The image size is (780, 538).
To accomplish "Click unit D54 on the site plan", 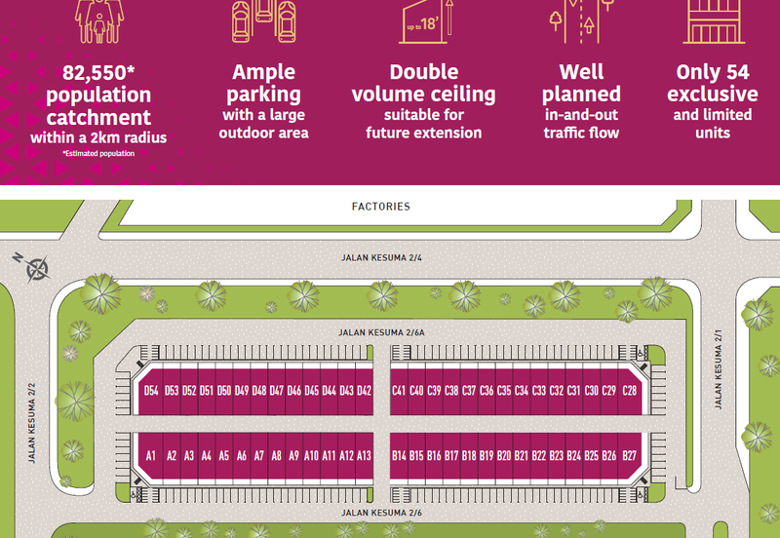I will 151,391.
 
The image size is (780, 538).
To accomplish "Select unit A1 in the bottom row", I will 151,455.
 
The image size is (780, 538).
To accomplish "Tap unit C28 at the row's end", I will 630,391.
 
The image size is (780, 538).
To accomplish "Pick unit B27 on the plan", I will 630,455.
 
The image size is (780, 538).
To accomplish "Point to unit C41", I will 399,391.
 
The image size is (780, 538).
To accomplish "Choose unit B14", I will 399,455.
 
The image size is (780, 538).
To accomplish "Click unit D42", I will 365,391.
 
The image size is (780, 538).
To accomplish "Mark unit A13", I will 365,455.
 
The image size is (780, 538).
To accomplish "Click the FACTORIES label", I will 381,207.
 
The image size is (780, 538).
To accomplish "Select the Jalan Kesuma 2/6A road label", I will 381,332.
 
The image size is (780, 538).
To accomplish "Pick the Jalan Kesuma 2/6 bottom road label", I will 381,513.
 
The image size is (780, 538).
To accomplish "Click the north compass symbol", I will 36,266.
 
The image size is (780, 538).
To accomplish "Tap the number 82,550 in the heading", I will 97,72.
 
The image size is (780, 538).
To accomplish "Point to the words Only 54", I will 717,72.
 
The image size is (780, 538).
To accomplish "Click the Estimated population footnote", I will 97,154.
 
